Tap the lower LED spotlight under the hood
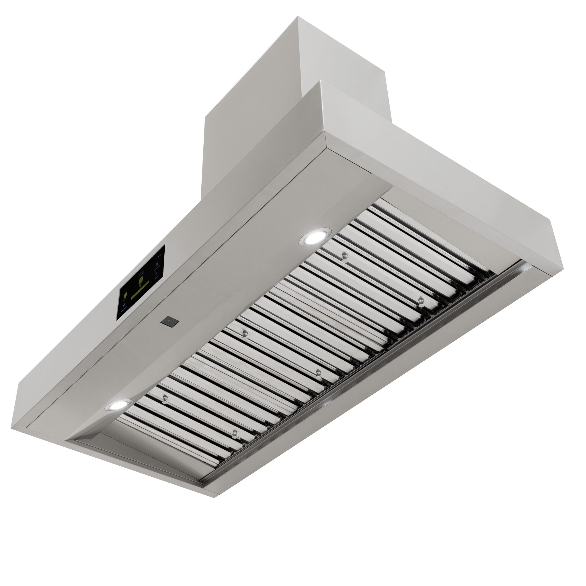[118, 405]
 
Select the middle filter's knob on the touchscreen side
[245, 333]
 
